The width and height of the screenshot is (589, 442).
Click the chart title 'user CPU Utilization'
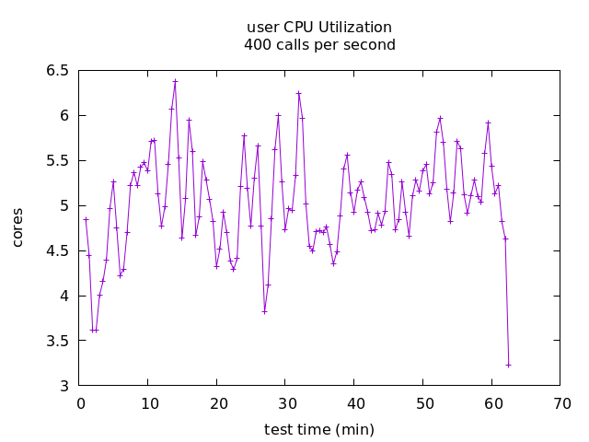(x=319, y=28)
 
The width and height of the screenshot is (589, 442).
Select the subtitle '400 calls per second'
(x=319, y=45)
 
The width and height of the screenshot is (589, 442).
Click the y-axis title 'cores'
(x=17, y=227)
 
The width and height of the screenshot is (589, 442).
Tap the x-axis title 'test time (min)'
(x=319, y=430)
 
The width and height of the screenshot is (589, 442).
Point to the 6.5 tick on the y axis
(x=57, y=70)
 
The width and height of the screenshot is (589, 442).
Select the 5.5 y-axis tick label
(x=57, y=160)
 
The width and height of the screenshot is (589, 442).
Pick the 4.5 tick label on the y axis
(x=57, y=250)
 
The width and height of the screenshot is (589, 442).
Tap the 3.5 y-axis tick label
(x=57, y=341)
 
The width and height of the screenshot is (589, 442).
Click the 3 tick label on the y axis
(x=64, y=386)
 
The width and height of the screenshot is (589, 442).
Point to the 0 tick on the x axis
(x=81, y=403)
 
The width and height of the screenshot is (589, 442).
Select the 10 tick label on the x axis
(x=150, y=403)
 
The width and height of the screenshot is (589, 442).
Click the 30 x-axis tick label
(x=287, y=403)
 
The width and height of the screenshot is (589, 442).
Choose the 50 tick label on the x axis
(x=424, y=403)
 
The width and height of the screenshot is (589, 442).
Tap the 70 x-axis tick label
(x=562, y=403)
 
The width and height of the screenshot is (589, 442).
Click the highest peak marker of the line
(x=175, y=81)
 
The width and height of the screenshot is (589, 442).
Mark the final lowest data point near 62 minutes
(x=508, y=366)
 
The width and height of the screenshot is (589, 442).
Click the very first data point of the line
(x=86, y=219)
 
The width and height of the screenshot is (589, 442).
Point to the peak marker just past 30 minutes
(x=298, y=93)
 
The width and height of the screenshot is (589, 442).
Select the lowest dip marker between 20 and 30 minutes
(x=264, y=311)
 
